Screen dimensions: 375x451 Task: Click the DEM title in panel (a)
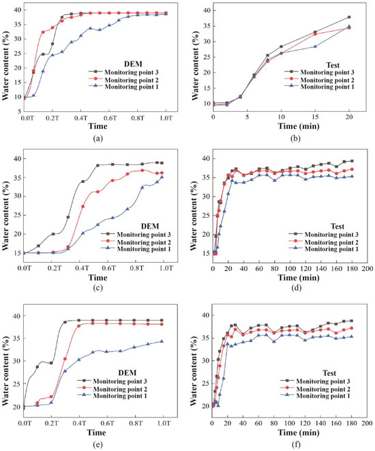pyautogui.click(x=133, y=64)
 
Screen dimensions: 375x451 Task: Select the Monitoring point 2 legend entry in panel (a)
pyautogui.click(x=123, y=80)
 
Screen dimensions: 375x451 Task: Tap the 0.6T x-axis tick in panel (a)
pyautogui.click(x=109, y=118)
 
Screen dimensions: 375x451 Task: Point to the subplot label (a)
pyautogui.click(x=97, y=139)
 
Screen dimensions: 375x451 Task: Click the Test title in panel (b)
pyautogui.click(x=333, y=65)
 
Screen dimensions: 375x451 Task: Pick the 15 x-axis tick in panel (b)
pyautogui.click(x=315, y=117)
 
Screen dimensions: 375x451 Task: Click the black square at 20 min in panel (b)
pyautogui.click(x=349, y=17)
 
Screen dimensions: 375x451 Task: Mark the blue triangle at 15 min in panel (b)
pyautogui.click(x=315, y=46)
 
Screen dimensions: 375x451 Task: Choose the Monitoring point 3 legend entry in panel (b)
pyautogui.click(x=319, y=72)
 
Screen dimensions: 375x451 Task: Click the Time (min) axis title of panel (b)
pyautogui.click(x=298, y=126)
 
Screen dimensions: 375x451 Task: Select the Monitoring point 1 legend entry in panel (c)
pyautogui.click(x=136, y=249)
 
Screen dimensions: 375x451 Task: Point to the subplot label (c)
pyautogui.click(x=97, y=287)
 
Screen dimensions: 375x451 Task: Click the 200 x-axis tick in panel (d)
pyautogui.click(x=367, y=269)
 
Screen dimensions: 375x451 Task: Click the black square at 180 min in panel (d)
pyautogui.click(x=352, y=161)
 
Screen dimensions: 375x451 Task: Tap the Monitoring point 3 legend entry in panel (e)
pyautogui.click(x=112, y=381)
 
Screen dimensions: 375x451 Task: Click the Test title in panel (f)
pyautogui.click(x=329, y=373)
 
